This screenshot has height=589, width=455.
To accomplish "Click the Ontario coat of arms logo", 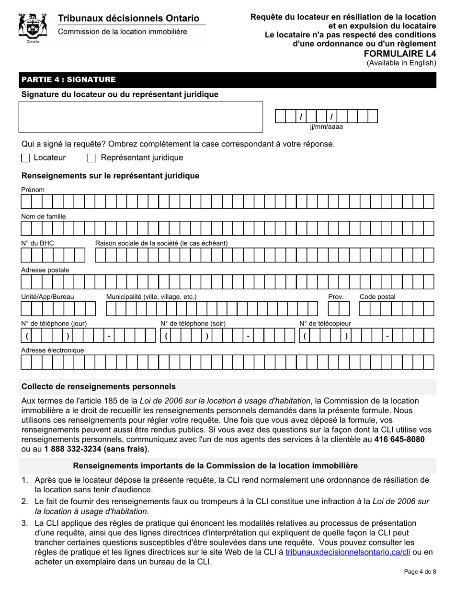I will click(x=32, y=28).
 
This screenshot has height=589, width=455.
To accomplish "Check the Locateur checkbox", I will click(x=26, y=158).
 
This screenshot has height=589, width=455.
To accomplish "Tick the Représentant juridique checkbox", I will click(x=92, y=158).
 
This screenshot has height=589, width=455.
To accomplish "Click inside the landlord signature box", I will click(x=141, y=117).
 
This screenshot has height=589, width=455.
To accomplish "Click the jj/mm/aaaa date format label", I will click(x=326, y=127).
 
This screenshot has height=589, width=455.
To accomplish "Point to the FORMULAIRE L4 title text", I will click(x=407, y=54).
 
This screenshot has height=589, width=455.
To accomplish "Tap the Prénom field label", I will click(x=33, y=190).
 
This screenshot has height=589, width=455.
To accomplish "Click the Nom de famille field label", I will click(x=44, y=216).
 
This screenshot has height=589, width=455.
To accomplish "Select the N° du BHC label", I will click(x=37, y=243).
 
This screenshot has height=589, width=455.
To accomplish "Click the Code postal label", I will click(x=377, y=297).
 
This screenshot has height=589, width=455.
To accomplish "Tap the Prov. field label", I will click(x=336, y=297).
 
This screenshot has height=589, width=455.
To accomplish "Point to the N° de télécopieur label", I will click(x=325, y=324).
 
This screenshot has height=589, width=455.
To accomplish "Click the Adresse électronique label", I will click(x=53, y=350).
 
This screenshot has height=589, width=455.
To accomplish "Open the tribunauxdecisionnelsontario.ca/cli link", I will click(x=348, y=552).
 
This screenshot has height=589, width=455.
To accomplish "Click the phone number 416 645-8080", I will click(x=399, y=439).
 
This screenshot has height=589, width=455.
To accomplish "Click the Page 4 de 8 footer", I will click(x=420, y=571).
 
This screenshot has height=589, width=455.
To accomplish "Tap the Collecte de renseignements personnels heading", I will click(x=99, y=386).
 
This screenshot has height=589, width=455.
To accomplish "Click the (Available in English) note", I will click(x=401, y=63).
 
